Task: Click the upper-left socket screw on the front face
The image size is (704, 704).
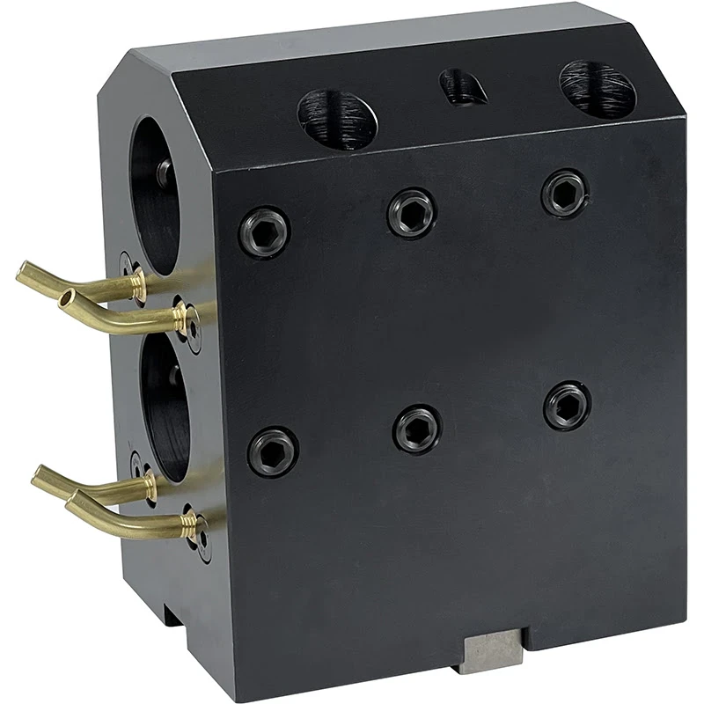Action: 264,231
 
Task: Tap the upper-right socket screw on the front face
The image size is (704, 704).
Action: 564,193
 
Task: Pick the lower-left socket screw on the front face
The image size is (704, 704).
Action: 273,451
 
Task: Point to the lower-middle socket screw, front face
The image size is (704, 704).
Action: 417,429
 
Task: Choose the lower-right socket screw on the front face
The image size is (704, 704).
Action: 567,406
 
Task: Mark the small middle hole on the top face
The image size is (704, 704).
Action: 462,87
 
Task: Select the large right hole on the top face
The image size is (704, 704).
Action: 598,87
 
